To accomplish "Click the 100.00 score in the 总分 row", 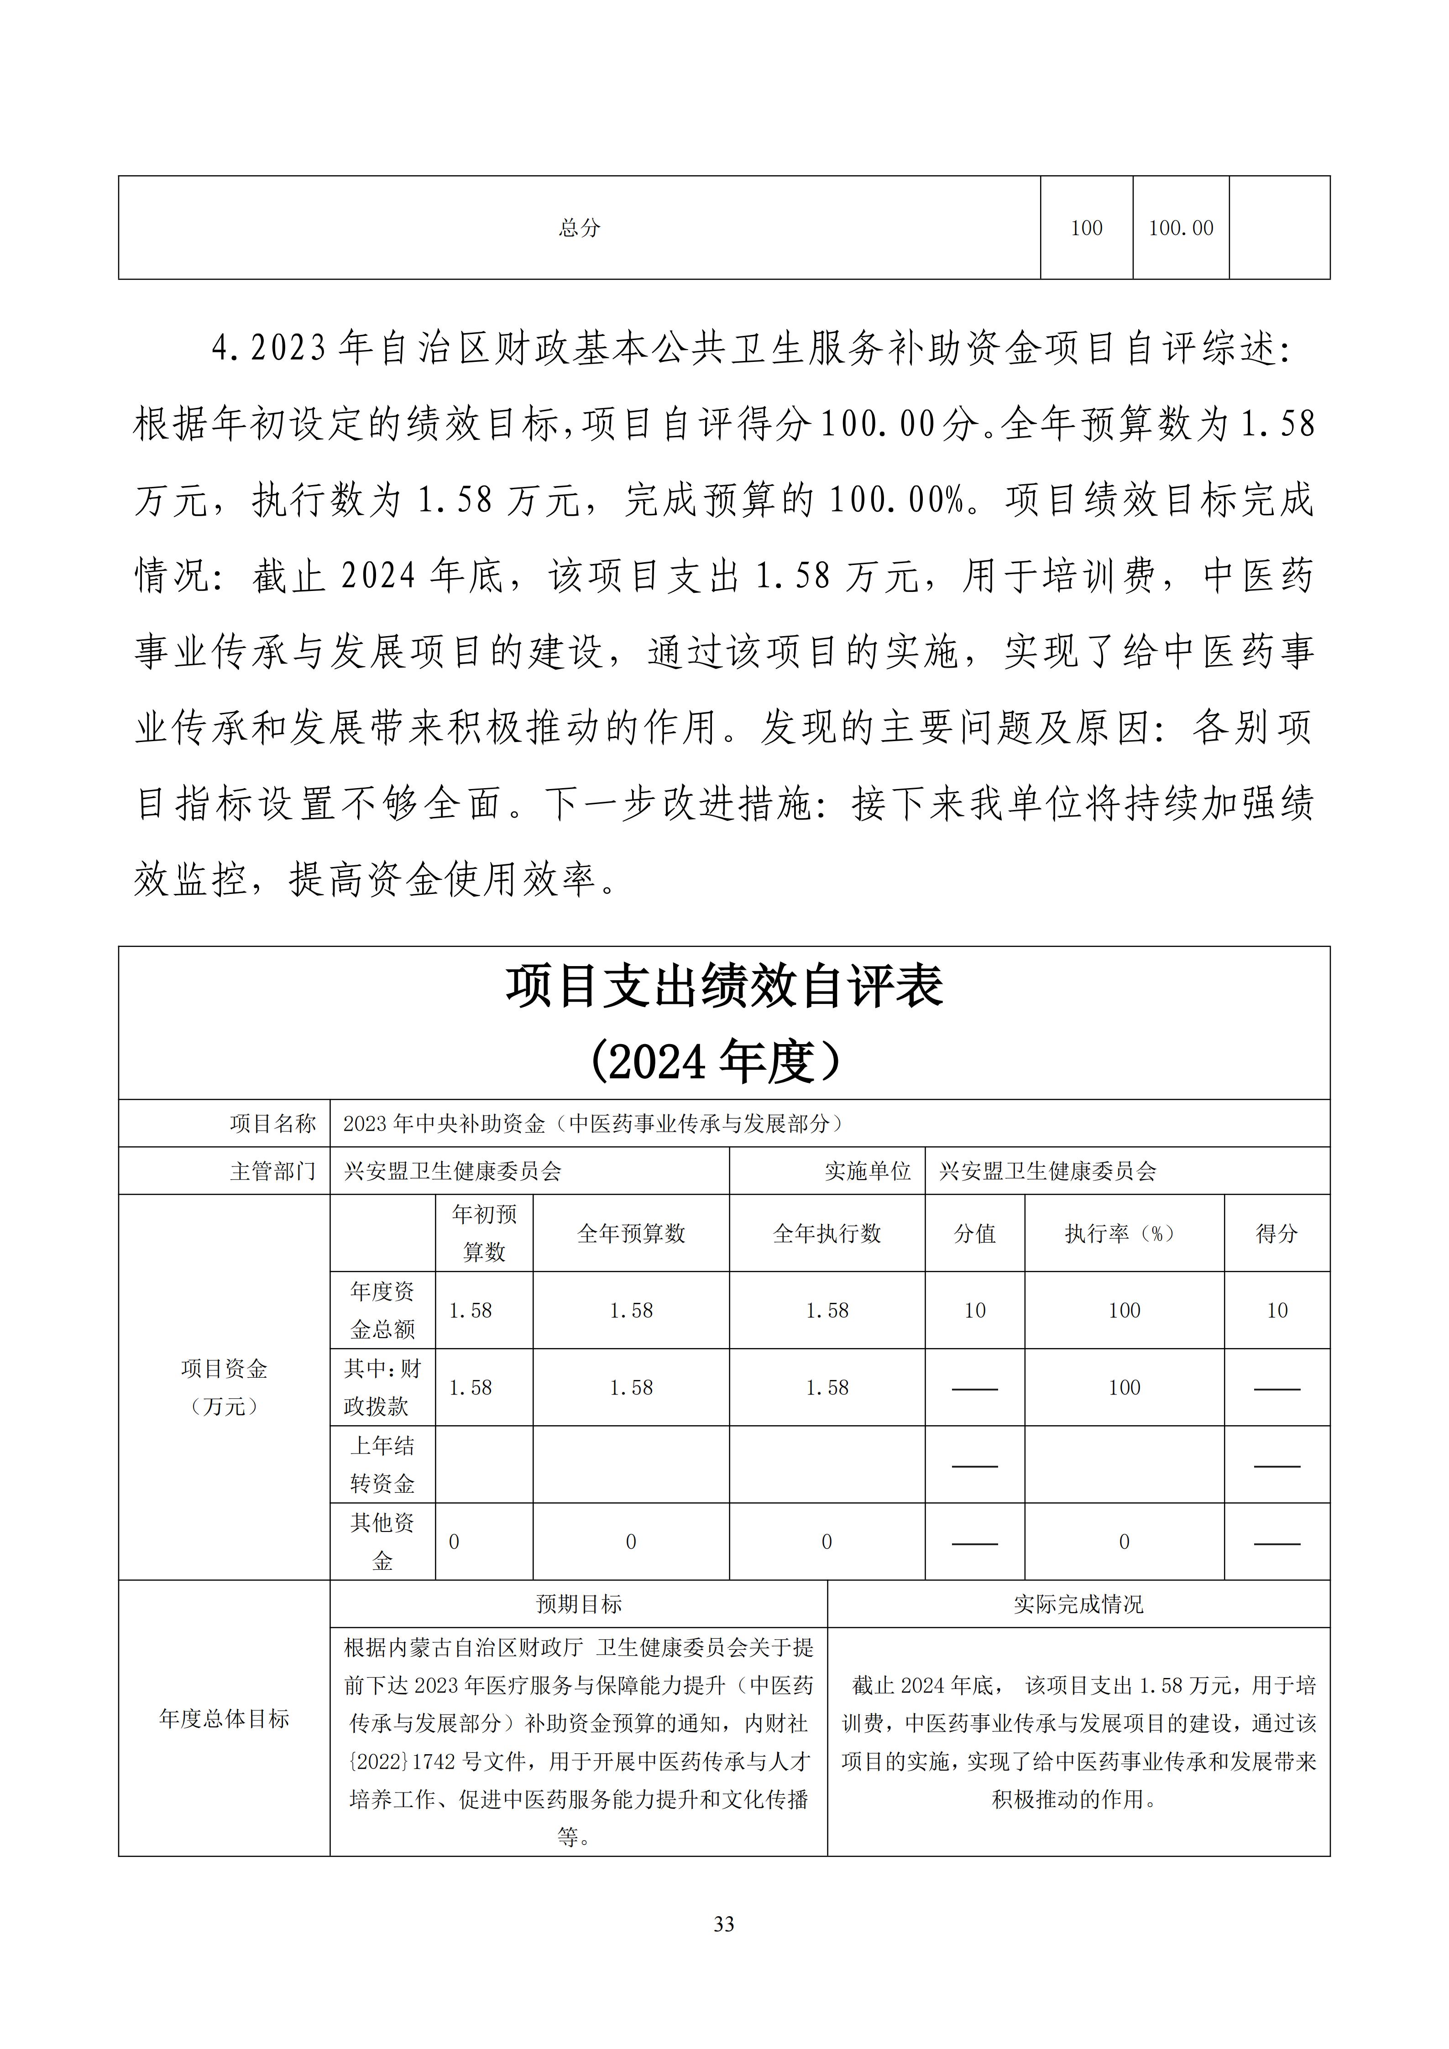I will point(1181,229).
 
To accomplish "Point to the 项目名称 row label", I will point(273,1124).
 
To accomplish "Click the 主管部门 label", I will point(273,1171).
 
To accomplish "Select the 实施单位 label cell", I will point(867,1171).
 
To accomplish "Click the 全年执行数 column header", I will point(827,1234).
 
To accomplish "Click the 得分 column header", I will point(1277,1234).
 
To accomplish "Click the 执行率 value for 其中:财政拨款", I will point(1124,1388).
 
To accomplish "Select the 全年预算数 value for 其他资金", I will point(631,1542).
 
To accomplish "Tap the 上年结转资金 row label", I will point(383,1464).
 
